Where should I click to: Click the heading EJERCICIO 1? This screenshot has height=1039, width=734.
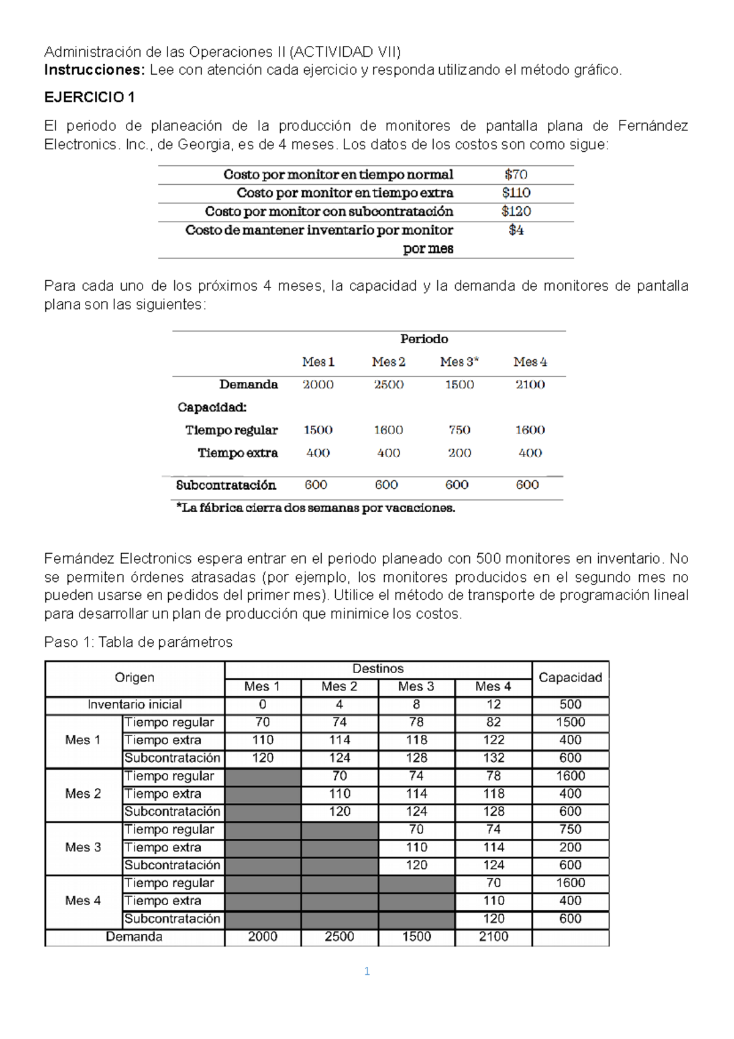[89, 97]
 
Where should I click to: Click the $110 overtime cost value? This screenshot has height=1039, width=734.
[516, 193]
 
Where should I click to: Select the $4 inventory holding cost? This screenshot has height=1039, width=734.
[516, 230]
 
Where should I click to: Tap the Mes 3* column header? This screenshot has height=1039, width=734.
[459, 362]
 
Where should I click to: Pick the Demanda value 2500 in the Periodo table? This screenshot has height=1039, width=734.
[388, 384]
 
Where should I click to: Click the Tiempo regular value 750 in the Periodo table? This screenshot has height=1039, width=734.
[459, 430]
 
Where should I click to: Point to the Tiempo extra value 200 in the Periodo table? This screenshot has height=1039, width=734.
[459, 453]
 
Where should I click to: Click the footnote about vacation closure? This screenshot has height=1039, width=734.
[316, 508]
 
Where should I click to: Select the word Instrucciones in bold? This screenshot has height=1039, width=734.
[94, 70]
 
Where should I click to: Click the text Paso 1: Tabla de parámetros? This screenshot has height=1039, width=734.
[138, 642]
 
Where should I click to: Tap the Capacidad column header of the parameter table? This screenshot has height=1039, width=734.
[570, 677]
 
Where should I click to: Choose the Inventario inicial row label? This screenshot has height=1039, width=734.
[135, 704]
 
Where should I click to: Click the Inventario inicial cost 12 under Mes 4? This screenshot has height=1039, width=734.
[493, 704]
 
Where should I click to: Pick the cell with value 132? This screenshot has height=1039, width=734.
[493, 758]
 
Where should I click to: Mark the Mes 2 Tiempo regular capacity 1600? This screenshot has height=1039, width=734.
[570, 775]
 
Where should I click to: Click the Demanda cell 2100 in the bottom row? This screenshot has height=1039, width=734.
[493, 936]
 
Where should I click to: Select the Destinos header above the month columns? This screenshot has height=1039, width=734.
[378, 669]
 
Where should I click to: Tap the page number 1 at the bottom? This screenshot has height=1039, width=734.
[367, 971]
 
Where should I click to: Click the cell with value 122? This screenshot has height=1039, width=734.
[493, 740]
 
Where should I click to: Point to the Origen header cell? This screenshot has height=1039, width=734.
[135, 677]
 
